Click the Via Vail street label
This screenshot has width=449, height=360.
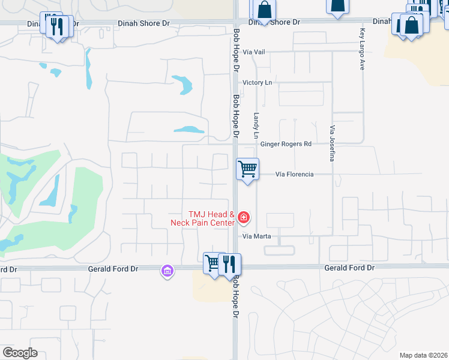pos(253,52)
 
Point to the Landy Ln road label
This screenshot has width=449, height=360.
pos(256,127)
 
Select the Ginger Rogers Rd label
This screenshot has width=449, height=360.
pos(286,144)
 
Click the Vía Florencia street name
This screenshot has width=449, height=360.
pos(294,174)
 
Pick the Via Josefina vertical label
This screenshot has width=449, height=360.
pos(331,143)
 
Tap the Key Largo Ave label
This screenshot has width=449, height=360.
pos(362,50)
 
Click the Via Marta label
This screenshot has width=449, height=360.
pos(256,236)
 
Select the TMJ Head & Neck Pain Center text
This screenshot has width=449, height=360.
pos(211,218)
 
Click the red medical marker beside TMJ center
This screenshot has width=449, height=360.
pos(244,217)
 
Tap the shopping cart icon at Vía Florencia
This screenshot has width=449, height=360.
pos(247,169)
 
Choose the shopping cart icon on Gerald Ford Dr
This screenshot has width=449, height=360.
pos(212,263)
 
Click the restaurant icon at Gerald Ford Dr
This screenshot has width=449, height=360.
pos(229,264)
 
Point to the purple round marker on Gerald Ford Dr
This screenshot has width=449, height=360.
pos(167,272)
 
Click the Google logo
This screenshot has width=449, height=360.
pos(20,353)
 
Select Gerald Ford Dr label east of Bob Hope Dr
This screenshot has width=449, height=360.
pos(349,268)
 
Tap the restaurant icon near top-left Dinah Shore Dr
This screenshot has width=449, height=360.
pos(58,26)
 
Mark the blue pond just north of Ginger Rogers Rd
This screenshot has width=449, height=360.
pos(189,129)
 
